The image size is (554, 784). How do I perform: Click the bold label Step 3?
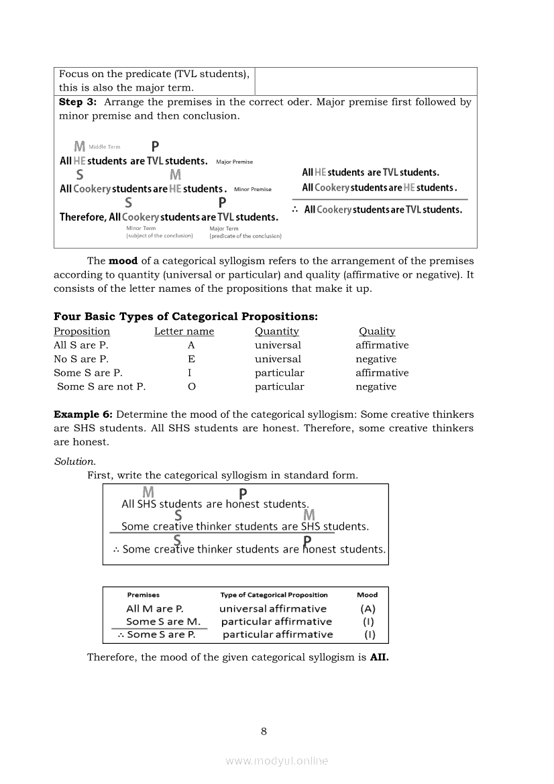tap(78, 103)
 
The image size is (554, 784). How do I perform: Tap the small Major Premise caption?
tap(234, 162)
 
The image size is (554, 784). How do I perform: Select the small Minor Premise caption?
tap(253, 189)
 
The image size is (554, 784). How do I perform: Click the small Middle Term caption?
tap(105, 147)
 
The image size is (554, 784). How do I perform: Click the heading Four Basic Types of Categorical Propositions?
tap(186, 317)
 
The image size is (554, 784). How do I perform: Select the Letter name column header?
tap(184, 331)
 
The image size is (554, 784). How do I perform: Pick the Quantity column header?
tap(276, 331)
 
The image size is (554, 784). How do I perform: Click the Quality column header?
tap(377, 331)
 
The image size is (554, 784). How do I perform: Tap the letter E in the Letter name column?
tap(191, 359)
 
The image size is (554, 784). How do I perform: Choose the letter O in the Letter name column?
tap(191, 386)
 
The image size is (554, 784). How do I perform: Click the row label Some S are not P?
tap(101, 386)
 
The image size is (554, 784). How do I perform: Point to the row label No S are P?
tap(81, 359)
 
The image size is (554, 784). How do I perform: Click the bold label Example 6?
tap(83, 414)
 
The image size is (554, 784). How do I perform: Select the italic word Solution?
tap(74, 461)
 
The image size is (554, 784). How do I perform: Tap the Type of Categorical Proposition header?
tap(274, 595)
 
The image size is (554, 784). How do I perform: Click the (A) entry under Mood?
tap(368, 609)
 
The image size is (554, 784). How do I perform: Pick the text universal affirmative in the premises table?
tap(273, 609)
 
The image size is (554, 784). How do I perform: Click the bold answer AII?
tap(379, 657)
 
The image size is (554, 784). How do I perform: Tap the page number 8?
tap(264, 731)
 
